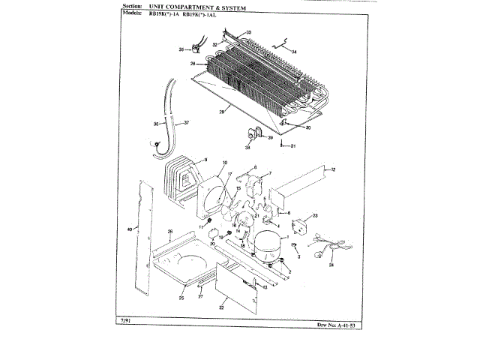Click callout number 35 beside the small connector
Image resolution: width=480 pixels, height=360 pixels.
click(181, 49)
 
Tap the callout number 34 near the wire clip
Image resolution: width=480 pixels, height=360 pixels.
click(294, 52)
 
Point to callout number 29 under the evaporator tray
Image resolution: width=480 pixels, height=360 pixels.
click(223, 112)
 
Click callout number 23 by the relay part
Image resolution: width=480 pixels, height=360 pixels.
click(316, 216)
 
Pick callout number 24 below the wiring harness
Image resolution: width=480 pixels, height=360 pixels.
click(331, 265)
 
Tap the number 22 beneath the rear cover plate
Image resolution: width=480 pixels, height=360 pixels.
click(222, 307)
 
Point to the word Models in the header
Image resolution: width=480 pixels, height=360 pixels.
click(130, 13)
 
